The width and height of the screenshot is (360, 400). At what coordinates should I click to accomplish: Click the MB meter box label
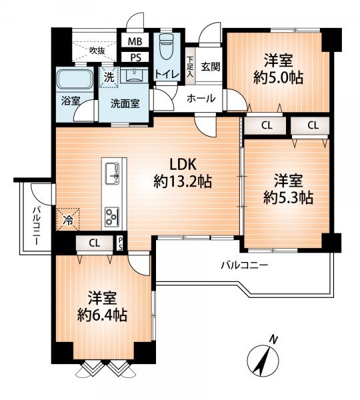pos(135,41)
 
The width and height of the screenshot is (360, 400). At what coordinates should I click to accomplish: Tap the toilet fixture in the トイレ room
pos(167,47)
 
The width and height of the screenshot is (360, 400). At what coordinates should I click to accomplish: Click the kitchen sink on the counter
pos(112,173)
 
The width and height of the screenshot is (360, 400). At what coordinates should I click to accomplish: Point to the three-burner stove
pos(112,217)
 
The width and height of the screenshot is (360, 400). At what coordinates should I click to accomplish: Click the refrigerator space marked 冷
pos(68,219)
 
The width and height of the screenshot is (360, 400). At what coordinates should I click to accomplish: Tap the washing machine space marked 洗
pos(109,77)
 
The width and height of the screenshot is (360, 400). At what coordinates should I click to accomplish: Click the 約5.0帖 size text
pos(278,77)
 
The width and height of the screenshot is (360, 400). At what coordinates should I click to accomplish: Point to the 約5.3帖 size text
pos(288,197)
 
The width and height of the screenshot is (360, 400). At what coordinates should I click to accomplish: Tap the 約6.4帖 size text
pos(102,315)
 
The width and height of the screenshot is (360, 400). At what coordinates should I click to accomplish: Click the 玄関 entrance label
pos(211,67)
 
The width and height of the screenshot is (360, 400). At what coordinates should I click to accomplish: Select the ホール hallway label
pos(201,98)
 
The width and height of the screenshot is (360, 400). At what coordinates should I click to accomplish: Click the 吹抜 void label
pos(97,51)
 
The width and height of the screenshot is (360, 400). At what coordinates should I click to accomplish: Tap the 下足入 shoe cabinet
pos(190,66)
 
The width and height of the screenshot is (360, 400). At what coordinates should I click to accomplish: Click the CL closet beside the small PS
pos(95,243)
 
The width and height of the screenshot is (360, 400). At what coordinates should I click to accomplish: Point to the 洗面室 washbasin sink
pos(134,76)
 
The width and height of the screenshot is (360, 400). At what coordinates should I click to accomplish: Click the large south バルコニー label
pos(245,265)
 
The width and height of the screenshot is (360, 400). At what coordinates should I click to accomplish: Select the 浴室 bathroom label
pos(71,101)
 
